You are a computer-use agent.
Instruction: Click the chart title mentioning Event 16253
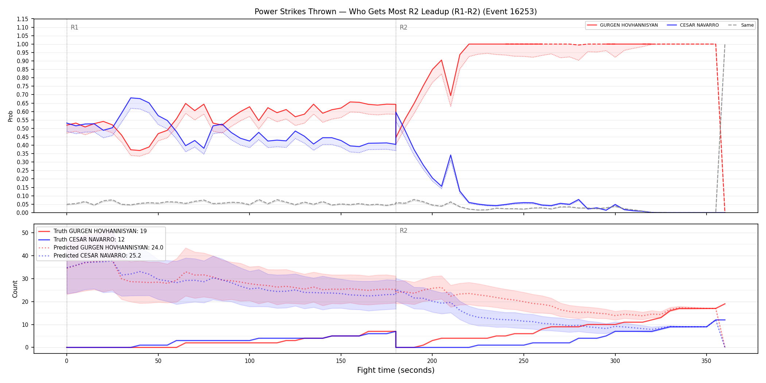pos(396,12)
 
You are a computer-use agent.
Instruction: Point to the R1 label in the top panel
pos(74,27)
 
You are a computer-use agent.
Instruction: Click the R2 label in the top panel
pos(403,27)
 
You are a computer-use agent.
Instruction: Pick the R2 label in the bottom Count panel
pos(403,231)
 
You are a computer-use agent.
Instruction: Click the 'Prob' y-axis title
pos(11,116)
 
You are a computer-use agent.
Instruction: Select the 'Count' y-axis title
pos(15,289)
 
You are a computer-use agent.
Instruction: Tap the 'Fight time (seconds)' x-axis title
pos(396,370)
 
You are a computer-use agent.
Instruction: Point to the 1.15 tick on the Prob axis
pos(23,19)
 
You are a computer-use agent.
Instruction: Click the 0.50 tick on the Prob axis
pos(23,128)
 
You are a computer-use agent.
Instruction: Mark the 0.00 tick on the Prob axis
pos(23,213)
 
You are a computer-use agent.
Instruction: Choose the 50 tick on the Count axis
pos(25,233)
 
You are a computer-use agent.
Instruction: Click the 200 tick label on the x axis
pos(432,361)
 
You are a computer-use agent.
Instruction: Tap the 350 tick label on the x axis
pos(707,361)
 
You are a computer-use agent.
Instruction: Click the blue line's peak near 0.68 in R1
pos(131,98)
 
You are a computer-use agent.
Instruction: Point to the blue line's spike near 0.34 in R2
pos(450,155)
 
